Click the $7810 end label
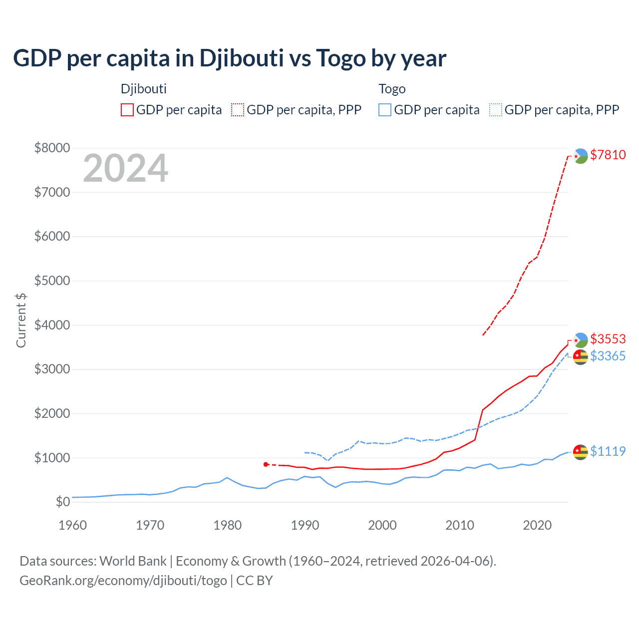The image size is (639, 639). tap(608, 155)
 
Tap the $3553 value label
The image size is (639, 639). tap(608, 339)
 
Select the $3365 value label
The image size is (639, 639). tap(608, 356)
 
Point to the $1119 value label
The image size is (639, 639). tap(608, 451)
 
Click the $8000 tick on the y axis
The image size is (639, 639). tap(52, 148)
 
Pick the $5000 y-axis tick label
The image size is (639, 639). tap(52, 281)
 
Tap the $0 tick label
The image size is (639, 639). tap(62, 502)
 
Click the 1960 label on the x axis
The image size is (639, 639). tap(73, 525)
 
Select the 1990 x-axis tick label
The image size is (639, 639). tap(305, 525)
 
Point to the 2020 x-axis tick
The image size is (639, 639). tap(537, 525)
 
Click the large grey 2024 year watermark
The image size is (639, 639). tap(125, 169)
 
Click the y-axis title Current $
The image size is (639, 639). tap(21, 320)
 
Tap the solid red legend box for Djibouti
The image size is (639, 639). tap(127, 110)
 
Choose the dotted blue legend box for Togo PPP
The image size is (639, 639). tap(496, 110)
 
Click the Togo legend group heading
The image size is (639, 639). tap(392, 89)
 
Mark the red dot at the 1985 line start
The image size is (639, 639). tap(266, 464)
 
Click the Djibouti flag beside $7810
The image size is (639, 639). tap(580, 156)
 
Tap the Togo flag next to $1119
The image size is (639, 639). tap(580, 452)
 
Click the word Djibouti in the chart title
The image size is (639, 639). tap(242, 58)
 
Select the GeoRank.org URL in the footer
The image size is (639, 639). tap(123, 581)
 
